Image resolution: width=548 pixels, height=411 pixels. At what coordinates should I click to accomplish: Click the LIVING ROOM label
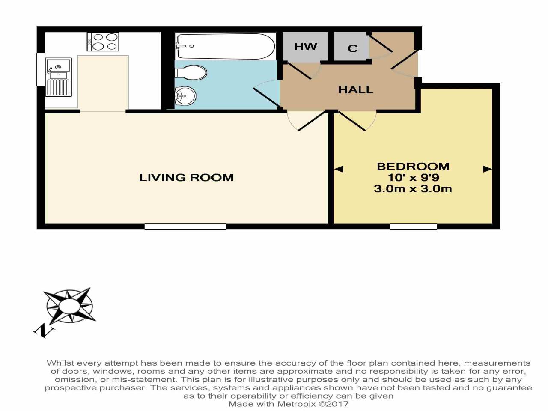tap(186, 177)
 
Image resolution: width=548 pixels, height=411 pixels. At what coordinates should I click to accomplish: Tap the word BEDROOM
tap(413, 166)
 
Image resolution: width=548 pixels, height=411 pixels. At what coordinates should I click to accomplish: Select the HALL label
tap(355, 90)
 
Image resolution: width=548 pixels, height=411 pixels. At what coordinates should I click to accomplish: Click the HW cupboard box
tap(305, 46)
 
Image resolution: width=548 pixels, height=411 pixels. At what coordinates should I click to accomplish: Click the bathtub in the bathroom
tap(225, 46)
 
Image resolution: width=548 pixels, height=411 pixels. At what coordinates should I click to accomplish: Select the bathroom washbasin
tap(185, 96)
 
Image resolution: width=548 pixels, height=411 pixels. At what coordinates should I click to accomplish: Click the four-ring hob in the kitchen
tap(103, 42)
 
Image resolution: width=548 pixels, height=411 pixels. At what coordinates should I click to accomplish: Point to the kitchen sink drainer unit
tap(58, 77)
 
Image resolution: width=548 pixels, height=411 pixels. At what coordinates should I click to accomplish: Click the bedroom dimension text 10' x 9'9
tap(413, 177)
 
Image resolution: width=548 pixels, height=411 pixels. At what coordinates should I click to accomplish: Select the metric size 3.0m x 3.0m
tap(413, 189)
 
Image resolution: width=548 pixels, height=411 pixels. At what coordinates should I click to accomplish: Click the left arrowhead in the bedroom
tap(338, 169)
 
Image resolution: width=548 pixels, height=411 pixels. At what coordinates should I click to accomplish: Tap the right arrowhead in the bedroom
tap(487, 169)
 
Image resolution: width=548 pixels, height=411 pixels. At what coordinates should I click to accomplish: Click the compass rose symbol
tap(69, 306)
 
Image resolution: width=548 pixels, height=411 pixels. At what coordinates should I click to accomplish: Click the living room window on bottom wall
tap(185, 226)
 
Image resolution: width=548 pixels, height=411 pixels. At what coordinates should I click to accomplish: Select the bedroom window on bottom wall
tap(414, 226)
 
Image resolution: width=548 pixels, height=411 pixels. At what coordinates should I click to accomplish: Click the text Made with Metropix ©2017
tap(288, 404)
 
